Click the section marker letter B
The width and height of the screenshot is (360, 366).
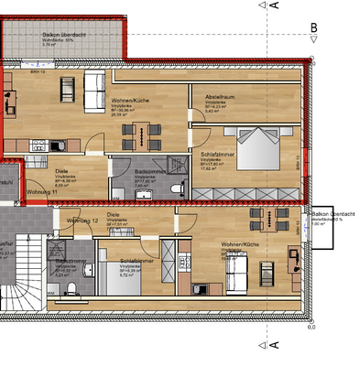313,28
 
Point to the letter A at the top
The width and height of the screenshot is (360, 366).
274,5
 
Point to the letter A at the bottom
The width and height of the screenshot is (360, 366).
274,345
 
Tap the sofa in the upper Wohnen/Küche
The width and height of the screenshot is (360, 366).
94,89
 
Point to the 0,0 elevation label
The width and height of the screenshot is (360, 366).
311,327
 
